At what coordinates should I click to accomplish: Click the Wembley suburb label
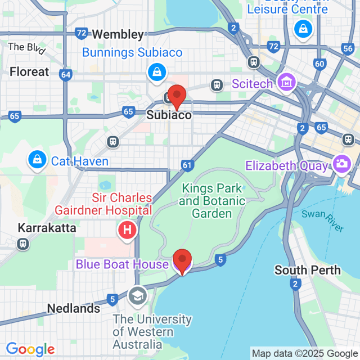117,34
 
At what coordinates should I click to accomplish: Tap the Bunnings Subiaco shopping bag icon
155,71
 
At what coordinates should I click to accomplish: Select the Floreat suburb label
29,72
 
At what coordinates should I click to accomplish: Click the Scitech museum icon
287,83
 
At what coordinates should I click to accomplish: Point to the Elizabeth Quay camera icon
340,165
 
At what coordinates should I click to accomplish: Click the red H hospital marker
127,230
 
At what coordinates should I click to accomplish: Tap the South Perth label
308,270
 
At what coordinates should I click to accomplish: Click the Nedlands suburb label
74,308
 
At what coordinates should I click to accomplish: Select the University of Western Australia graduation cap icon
137,295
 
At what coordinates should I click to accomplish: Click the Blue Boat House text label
122,264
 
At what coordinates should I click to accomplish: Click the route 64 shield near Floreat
65,74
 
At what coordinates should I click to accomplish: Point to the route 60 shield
319,64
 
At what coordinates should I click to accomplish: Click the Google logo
30,350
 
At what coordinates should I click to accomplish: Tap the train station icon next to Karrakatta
23,244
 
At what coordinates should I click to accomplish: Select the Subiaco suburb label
169,115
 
